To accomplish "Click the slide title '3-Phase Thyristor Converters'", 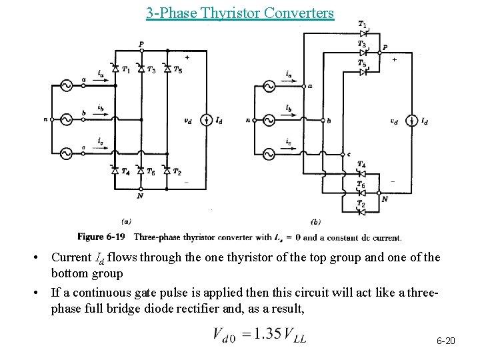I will click(240, 13).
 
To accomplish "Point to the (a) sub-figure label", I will click(126, 221).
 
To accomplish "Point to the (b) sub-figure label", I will click(316, 221).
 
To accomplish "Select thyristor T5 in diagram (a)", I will click(167, 69).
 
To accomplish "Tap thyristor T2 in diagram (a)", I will click(167, 172).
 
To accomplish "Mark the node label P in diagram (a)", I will click(141, 43).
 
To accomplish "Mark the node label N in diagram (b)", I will click(385, 199).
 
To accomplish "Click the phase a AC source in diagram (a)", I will click(67, 85).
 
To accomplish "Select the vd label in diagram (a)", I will click(189, 121).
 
